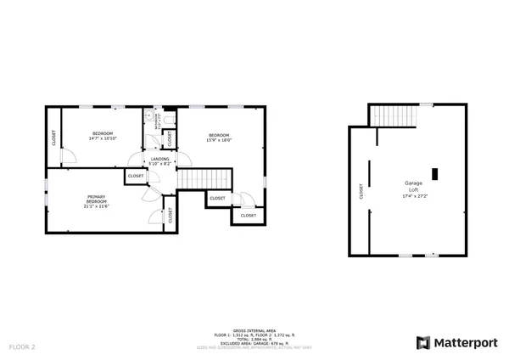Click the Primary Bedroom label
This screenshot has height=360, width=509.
tap(95, 199)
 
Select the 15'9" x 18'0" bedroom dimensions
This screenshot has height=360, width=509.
tap(220, 140)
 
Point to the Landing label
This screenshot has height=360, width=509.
tap(159, 159)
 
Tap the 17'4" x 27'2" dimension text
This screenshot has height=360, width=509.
tap(413, 197)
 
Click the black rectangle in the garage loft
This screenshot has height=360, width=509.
tap(435, 174)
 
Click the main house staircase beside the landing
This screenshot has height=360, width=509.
tap(204, 178)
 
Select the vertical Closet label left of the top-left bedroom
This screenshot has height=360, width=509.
tap(55, 138)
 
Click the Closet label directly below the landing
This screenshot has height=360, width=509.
tap(136, 176)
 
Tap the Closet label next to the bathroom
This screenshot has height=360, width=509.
tap(169, 136)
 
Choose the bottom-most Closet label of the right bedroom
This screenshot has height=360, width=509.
tap(248, 216)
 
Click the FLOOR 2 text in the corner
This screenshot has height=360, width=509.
tap(22, 347)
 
